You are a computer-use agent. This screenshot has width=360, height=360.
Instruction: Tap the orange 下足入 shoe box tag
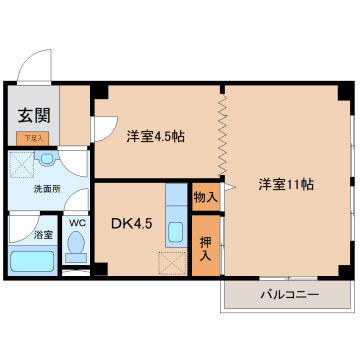[33, 139]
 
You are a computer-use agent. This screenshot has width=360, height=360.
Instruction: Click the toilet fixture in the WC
[74, 246]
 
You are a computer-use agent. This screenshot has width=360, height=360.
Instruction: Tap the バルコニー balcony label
[289, 296]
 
